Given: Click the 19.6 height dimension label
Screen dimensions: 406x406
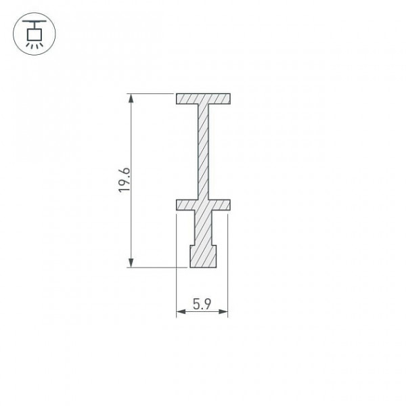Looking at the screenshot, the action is point(124,180).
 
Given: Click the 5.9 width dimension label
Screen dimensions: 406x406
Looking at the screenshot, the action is point(202,304).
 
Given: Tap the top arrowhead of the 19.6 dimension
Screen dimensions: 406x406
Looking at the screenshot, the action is point(131,98).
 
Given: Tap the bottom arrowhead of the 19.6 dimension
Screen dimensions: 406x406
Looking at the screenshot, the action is point(131,263).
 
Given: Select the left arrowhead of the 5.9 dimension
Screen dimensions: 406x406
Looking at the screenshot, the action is point(181,311).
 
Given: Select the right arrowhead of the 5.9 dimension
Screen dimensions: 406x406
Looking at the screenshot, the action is point(223,311).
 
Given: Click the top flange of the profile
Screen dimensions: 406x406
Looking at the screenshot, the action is point(203,99).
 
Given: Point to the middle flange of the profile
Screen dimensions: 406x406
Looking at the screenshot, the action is point(203,205).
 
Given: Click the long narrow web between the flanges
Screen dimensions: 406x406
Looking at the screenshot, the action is point(203,152).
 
